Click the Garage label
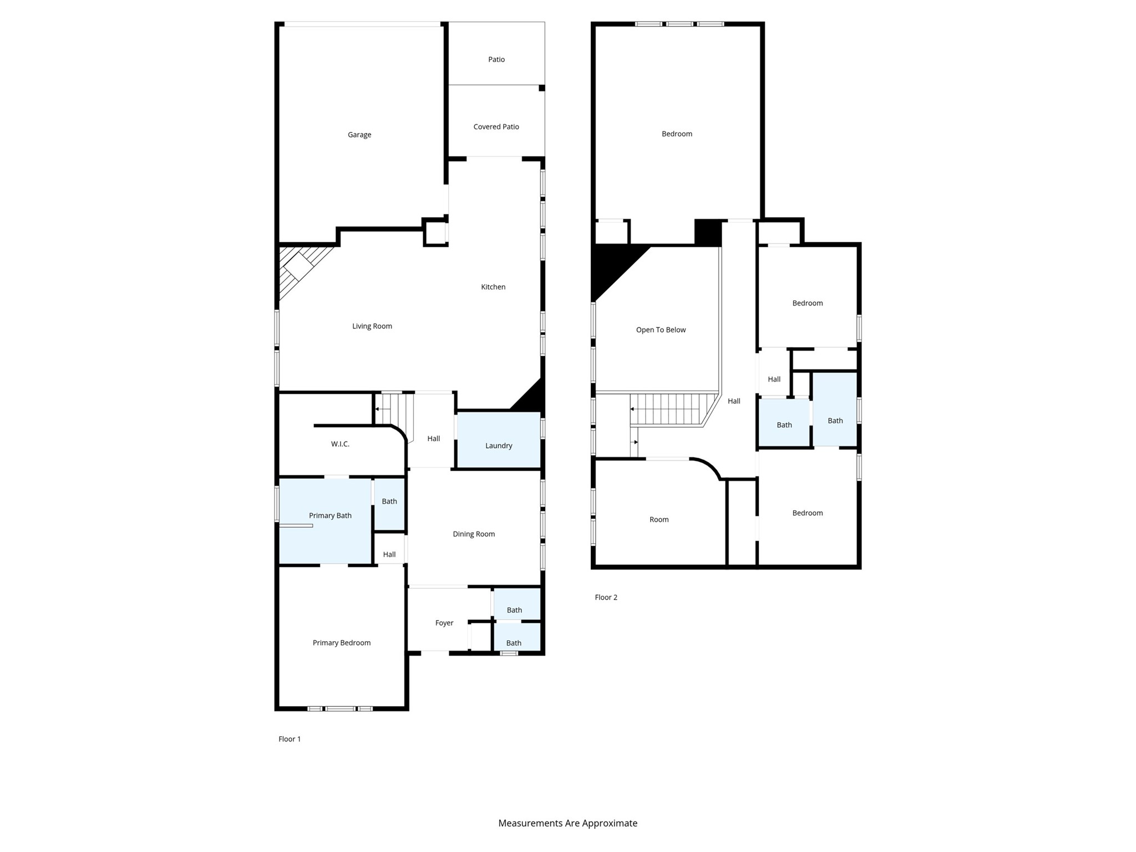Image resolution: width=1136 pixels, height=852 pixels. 359,135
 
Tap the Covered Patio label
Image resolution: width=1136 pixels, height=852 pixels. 496,127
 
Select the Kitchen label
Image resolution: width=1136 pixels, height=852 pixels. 493,287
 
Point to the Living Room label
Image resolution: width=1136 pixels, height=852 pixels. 372,326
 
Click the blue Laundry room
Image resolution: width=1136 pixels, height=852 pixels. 498,440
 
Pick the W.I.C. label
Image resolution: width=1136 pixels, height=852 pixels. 340,444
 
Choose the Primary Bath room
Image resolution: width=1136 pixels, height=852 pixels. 325,521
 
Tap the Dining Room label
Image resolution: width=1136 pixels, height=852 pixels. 474,534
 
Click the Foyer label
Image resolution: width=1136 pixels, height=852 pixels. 444,623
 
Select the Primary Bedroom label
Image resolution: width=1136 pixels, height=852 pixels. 342,643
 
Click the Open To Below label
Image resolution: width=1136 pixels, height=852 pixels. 661,330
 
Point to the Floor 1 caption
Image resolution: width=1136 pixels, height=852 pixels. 290,739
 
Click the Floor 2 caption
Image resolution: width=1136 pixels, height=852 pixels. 606,597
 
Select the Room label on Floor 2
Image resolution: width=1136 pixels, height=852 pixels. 659,520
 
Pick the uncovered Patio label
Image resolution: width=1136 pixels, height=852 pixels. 496,59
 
